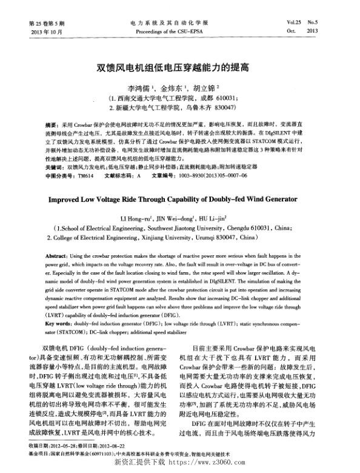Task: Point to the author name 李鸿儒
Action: coord(141,87)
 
